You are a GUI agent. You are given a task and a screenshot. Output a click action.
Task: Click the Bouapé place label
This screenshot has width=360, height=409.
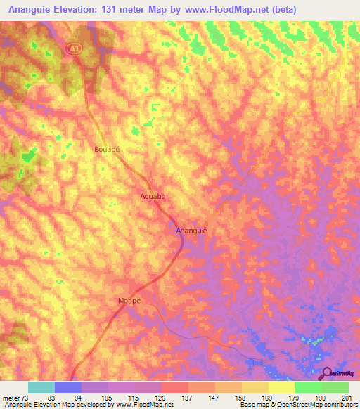(x=108, y=149)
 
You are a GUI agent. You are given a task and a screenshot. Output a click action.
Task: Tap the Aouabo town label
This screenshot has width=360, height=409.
(x=153, y=197)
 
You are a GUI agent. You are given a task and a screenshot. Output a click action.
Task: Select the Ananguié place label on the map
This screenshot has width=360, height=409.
(x=191, y=230)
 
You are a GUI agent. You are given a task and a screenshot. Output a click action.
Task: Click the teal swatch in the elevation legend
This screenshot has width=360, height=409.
(x=41, y=387)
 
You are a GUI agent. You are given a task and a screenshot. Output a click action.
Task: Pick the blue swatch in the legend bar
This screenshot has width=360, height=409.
(x=68, y=387)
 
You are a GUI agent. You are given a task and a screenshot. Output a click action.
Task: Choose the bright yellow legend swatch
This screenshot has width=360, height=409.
(x=282, y=387)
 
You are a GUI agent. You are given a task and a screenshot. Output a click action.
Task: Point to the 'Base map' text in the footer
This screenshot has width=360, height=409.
(x=250, y=405)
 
